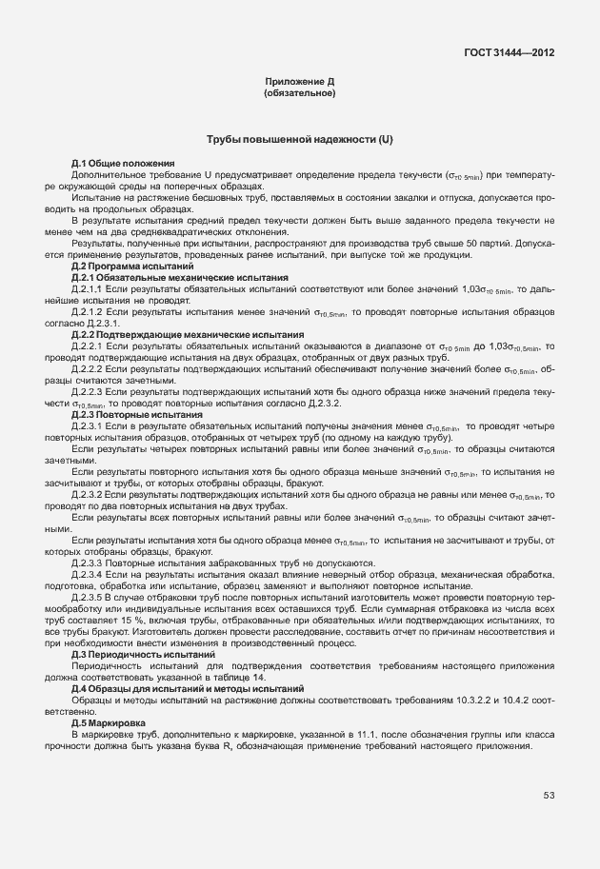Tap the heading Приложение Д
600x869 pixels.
(299, 84)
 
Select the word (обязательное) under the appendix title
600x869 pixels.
(299, 94)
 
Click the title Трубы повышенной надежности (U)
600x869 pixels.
(299, 141)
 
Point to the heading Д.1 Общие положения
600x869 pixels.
(123, 165)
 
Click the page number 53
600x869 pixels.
(550, 795)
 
